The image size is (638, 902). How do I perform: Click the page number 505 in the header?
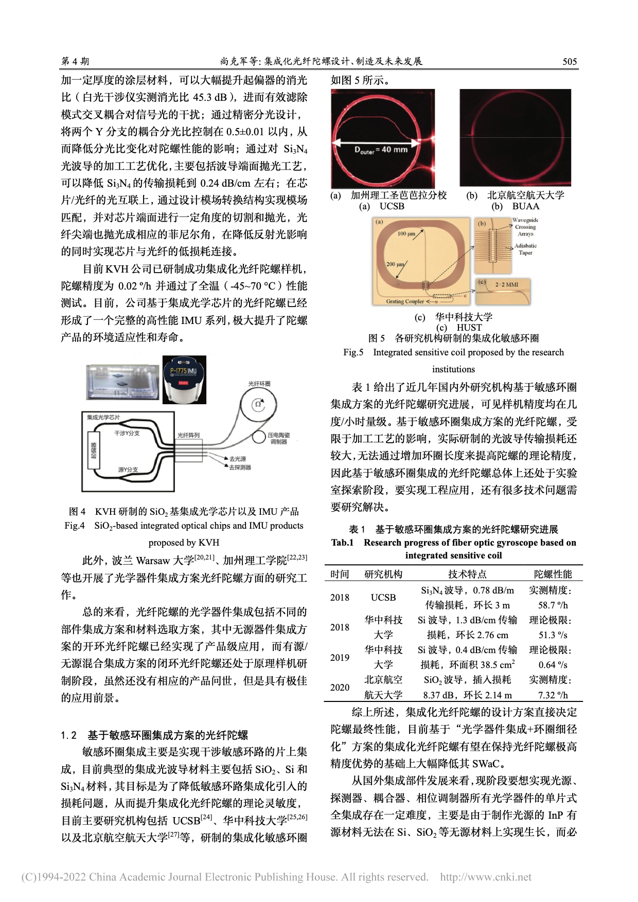coord(569,62)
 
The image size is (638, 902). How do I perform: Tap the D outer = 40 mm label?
coord(381,150)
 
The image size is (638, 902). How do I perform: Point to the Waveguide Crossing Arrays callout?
coord(525,227)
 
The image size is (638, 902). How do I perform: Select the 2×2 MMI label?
coord(506,284)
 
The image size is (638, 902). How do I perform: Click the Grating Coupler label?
coord(405,301)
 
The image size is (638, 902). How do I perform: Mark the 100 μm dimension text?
coord(406,233)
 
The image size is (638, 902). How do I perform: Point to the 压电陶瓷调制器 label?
coord(278,438)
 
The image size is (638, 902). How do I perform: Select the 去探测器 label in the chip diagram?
coord(240,467)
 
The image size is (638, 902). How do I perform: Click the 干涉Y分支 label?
coord(127,433)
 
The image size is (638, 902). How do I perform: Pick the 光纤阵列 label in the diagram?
coord(188,435)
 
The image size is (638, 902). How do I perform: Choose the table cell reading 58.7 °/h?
coord(553,605)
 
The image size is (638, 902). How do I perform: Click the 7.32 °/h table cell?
coord(553,695)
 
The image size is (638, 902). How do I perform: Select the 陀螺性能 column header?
coord(553,574)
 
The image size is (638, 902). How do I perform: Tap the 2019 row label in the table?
coord(340,657)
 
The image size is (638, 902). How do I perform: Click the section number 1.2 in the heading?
coord(68,735)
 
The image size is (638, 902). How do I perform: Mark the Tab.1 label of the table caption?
coord(342,543)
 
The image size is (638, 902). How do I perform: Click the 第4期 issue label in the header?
coord(75,62)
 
